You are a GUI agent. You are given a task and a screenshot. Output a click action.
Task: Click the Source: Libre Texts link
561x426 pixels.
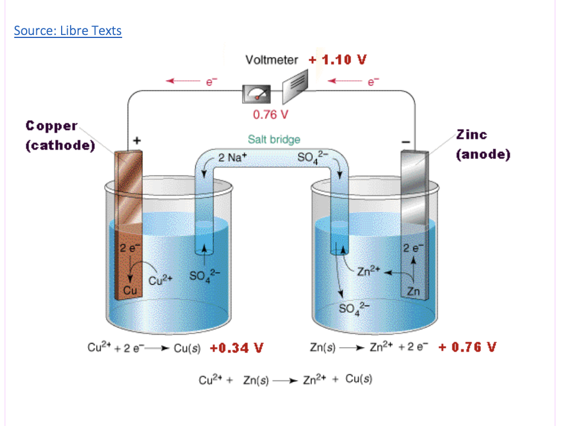coord(68,31)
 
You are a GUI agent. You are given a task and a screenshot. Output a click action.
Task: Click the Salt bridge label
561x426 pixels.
coord(274,139)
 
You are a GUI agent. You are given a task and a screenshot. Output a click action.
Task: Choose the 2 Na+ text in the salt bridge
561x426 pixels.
coord(232,158)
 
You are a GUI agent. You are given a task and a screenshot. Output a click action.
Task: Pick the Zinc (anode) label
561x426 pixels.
coord(483,144)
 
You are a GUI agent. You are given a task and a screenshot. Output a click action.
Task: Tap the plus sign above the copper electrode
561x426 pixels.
coord(137,141)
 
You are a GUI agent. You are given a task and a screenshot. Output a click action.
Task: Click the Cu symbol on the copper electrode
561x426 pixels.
coord(130,290)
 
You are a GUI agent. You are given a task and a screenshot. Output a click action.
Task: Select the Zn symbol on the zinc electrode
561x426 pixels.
coord(415,291)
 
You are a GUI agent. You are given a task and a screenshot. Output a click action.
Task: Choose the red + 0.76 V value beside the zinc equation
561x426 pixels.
coord(467,347)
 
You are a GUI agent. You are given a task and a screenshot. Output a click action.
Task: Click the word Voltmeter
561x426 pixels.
coord(272,60)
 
